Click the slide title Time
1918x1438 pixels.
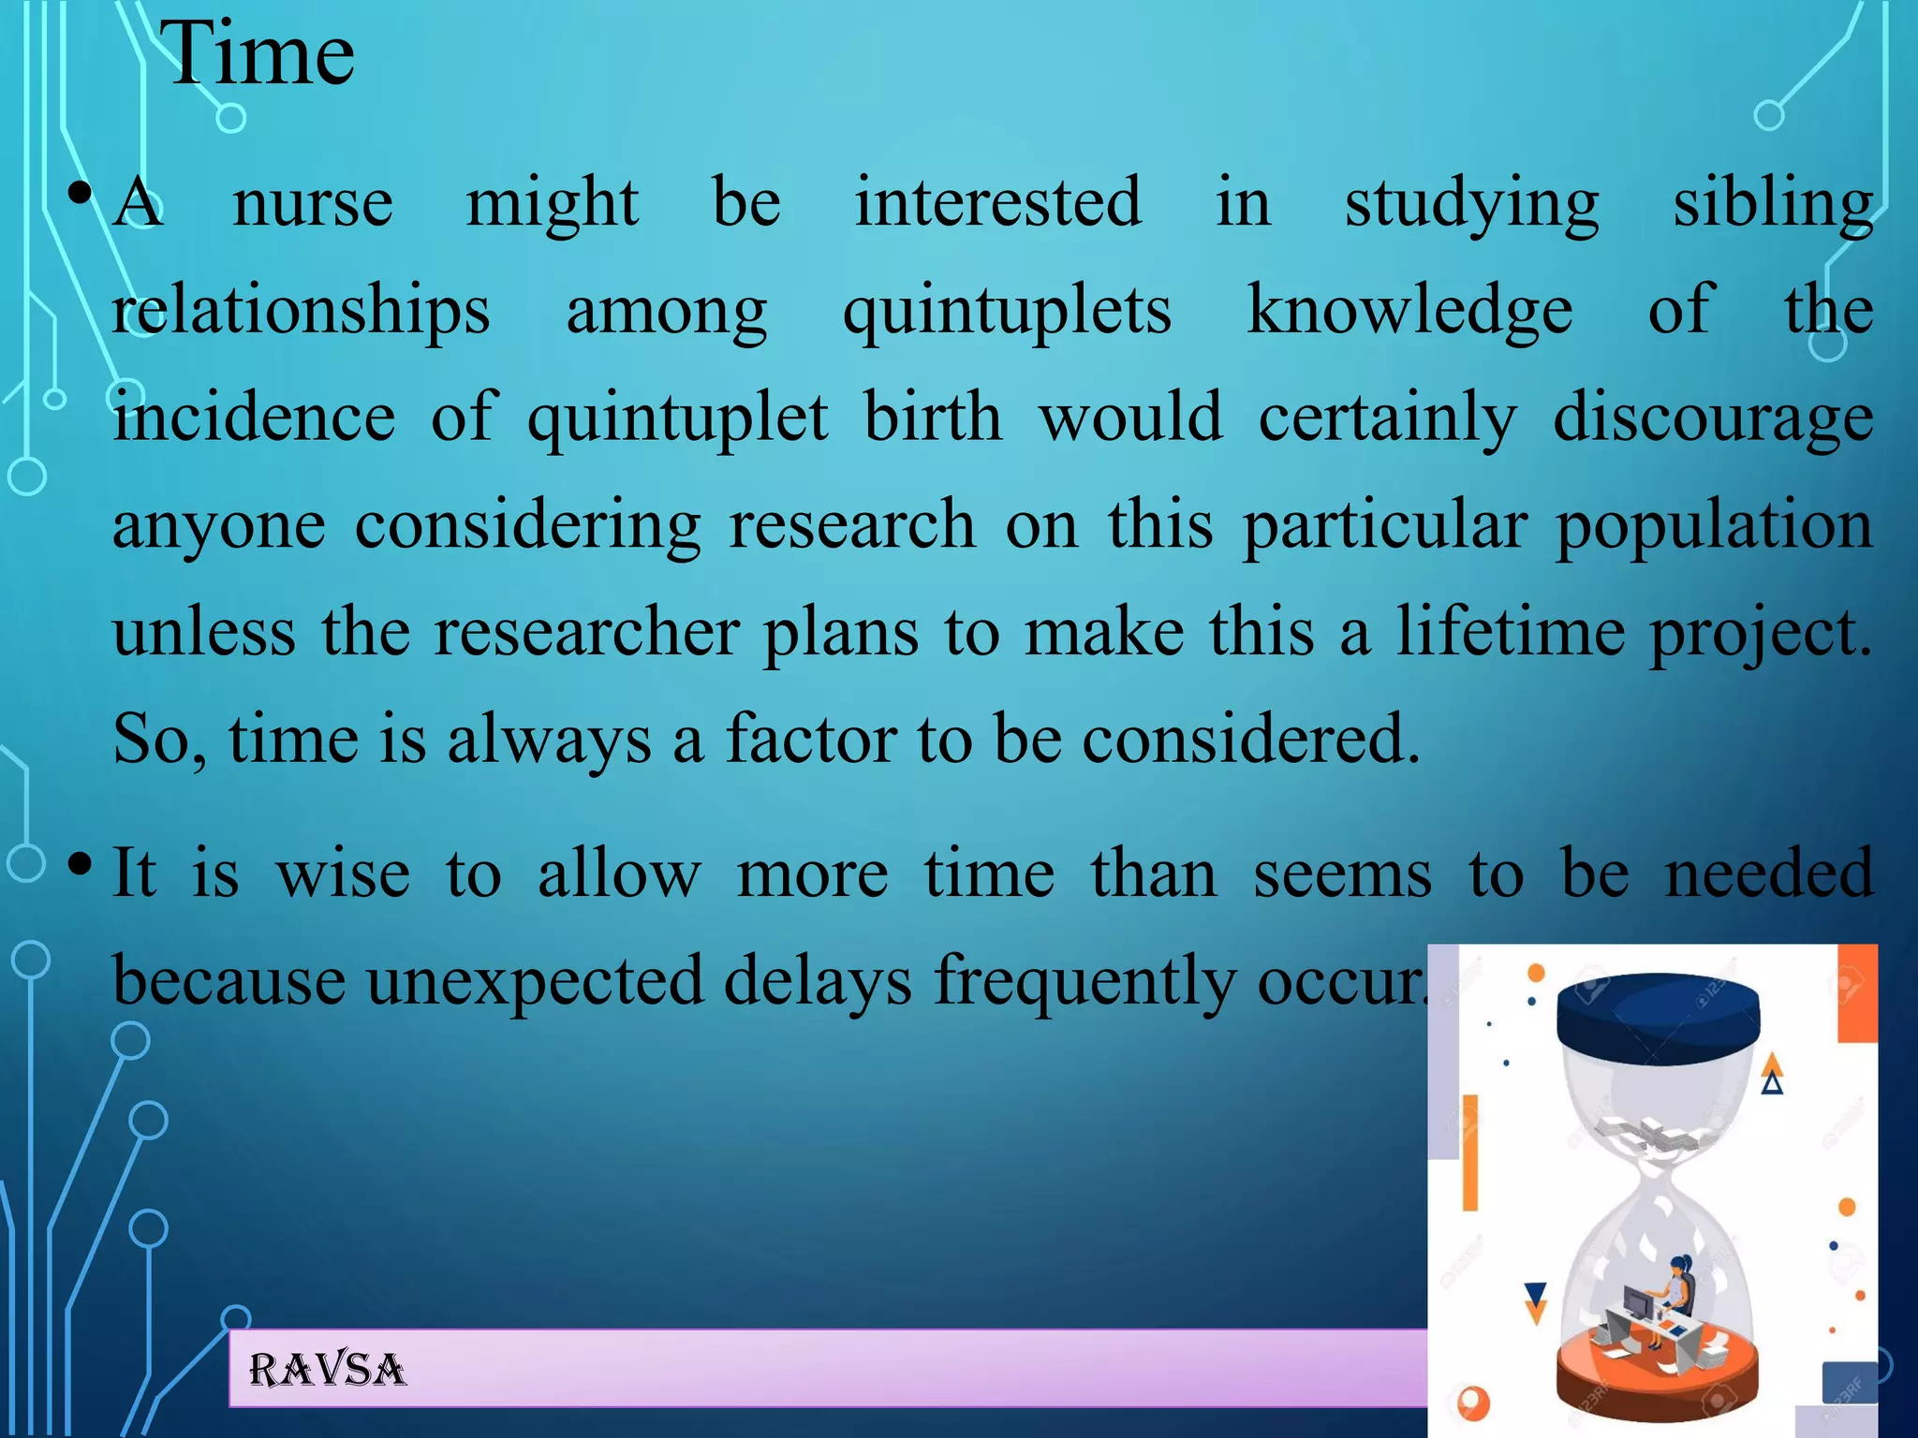click(258, 54)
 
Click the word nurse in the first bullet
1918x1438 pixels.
click(313, 203)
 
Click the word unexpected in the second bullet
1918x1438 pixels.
click(534, 982)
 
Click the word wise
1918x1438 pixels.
click(343, 874)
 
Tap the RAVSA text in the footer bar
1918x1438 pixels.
click(328, 1371)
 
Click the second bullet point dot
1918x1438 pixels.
click(81, 863)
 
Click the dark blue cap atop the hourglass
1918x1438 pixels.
click(1658, 1019)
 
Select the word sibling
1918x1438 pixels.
click(1773, 203)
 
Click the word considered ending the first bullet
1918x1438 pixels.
click(1251, 740)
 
